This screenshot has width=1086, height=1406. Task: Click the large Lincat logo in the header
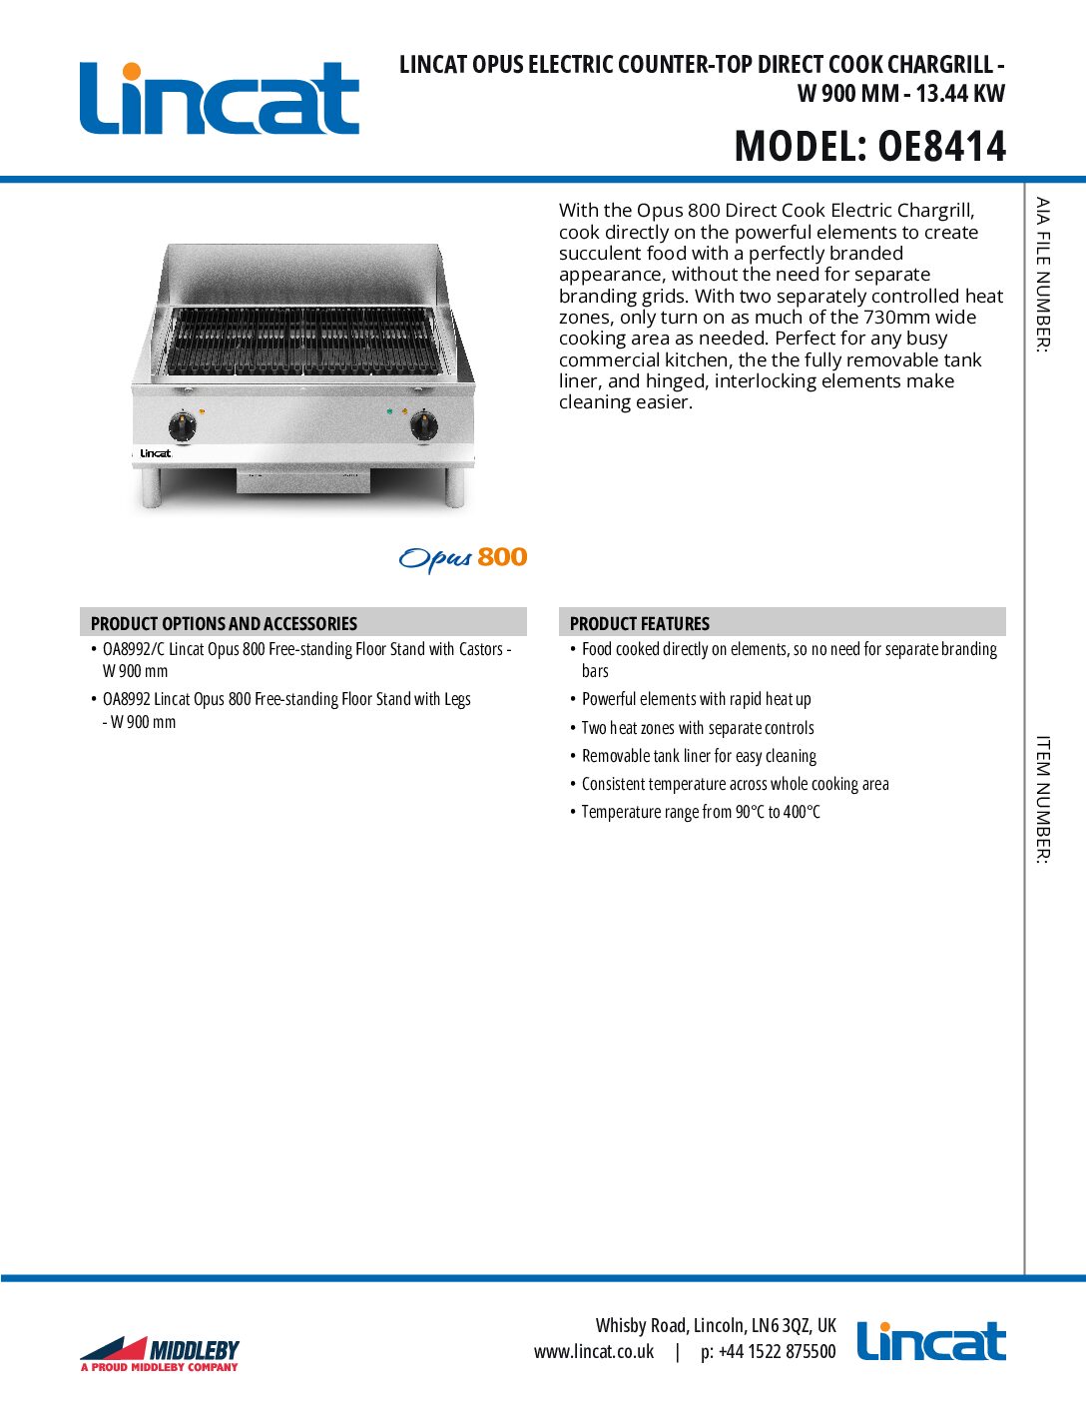tap(219, 98)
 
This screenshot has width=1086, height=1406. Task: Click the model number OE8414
tap(941, 147)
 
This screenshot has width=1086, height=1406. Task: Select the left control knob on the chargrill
tap(184, 426)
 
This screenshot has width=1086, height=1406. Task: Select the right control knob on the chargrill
tap(424, 425)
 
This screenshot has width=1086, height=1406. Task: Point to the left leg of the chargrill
tap(151, 488)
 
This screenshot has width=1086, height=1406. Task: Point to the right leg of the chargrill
tap(455, 486)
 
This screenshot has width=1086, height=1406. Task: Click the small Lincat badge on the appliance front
tap(155, 453)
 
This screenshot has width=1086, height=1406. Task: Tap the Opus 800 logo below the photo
tap(462, 558)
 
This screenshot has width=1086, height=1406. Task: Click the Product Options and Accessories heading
tap(224, 623)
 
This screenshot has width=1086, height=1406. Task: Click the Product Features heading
tap(639, 623)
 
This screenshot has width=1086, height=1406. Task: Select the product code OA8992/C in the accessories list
tap(134, 649)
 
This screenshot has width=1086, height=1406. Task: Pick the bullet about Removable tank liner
tap(699, 756)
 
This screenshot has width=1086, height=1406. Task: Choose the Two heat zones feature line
tap(698, 728)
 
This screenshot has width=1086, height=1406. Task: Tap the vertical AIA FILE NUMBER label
tap(1043, 275)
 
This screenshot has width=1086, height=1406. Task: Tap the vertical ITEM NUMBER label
tap(1043, 799)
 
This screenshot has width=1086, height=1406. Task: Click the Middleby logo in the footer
tap(160, 1353)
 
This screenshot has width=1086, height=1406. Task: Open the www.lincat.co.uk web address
tap(594, 1352)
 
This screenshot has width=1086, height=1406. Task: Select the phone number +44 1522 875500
tap(777, 1352)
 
